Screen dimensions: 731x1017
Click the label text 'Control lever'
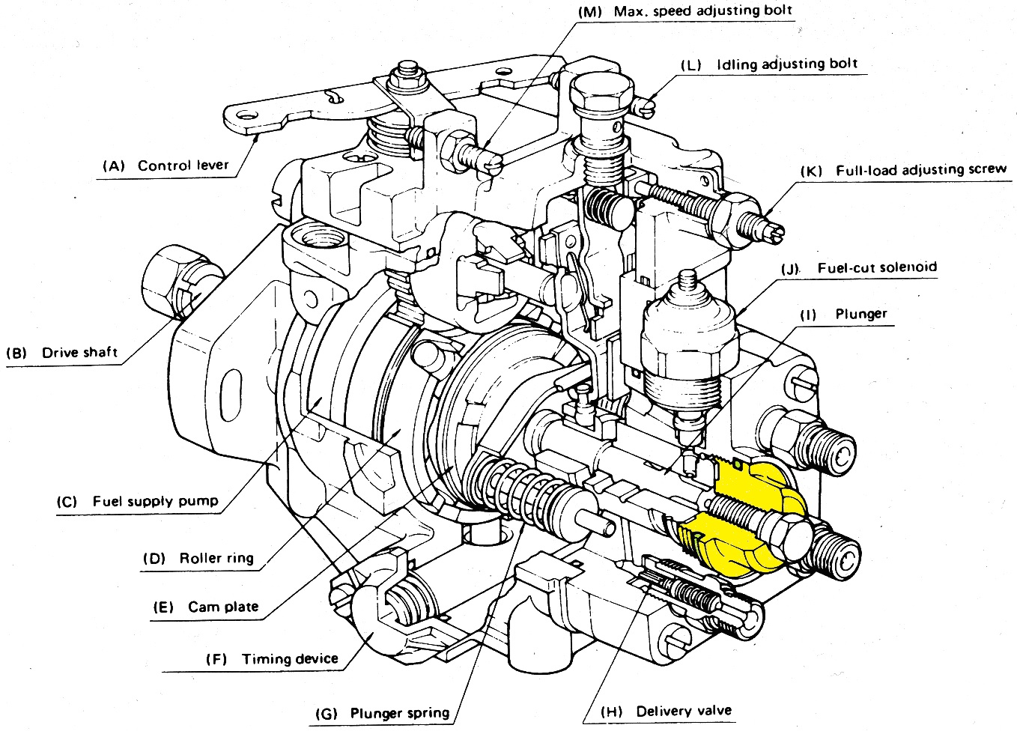pyautogui.click(x=183, y=166)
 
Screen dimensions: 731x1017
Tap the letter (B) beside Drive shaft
pyautogui.click(x=17, y=353)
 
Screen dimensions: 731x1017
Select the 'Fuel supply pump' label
pyautogui.click(x=155, y=501)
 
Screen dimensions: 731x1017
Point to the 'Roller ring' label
pyautogui.click(x=216, y=558)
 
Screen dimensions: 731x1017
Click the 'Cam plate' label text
pyautogui.click(x=223, y=606)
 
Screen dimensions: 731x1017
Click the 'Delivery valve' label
pyautogui.click(x=683, y=711)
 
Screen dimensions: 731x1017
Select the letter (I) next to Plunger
pyautogui.click(x=808, y=315)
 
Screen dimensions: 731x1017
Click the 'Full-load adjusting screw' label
pyautogui.click(x=921, y=170)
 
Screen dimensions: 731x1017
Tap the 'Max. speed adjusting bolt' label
pyautogui.click(x=702, y=10)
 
